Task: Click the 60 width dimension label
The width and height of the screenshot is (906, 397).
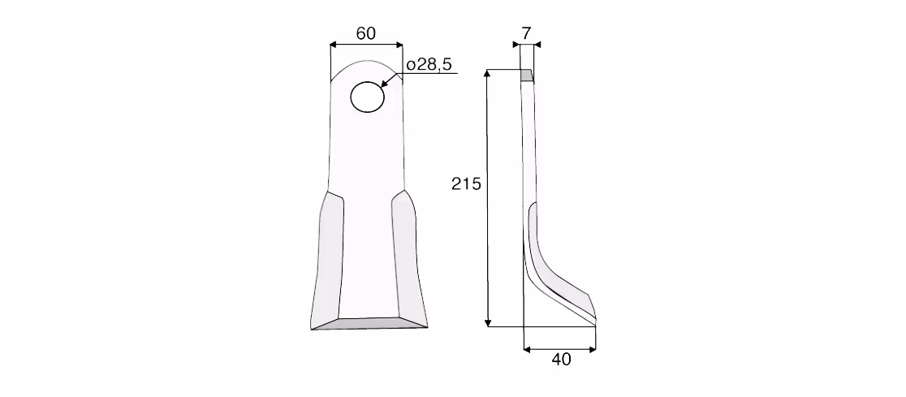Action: [366, 33]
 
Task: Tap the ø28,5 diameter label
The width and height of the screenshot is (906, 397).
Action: [429, 65]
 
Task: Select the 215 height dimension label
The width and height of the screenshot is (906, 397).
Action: [466, 184]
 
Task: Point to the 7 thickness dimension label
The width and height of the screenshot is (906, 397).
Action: [526, 33]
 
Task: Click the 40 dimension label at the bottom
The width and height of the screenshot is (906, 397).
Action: [561, 360]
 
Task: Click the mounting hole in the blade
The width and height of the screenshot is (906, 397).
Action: [367, 97]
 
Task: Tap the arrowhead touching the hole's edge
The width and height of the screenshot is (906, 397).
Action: [385, 84]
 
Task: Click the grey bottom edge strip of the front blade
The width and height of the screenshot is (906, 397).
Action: [369, 323]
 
